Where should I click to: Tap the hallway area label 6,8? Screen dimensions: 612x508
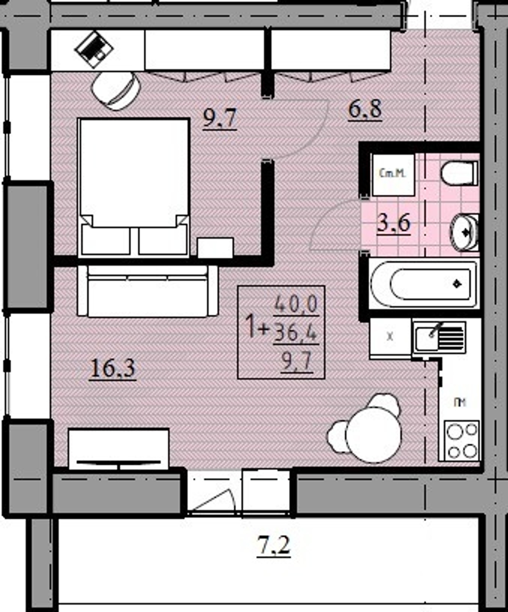pyautogui.click(x=365, y=109)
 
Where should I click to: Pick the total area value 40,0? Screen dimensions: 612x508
pyautogui.click(x=296, y=305)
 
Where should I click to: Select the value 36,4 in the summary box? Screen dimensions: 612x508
pyautogui.click(x=296, y=333)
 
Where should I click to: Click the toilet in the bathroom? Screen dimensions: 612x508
pyautogui.click(x=459, y=173)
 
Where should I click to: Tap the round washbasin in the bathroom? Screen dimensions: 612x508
pyautogui.click(x=464, y=232)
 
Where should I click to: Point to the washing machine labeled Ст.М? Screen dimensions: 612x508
pyautogui.click(x=392, y=175)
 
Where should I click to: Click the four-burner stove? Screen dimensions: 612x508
pyautogui.click(x=462, y=440)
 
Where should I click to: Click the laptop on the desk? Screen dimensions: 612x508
pyautogui.click(x=92, y=49)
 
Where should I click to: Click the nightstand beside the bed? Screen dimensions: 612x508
pyautogui.click(x=215, y=248)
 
